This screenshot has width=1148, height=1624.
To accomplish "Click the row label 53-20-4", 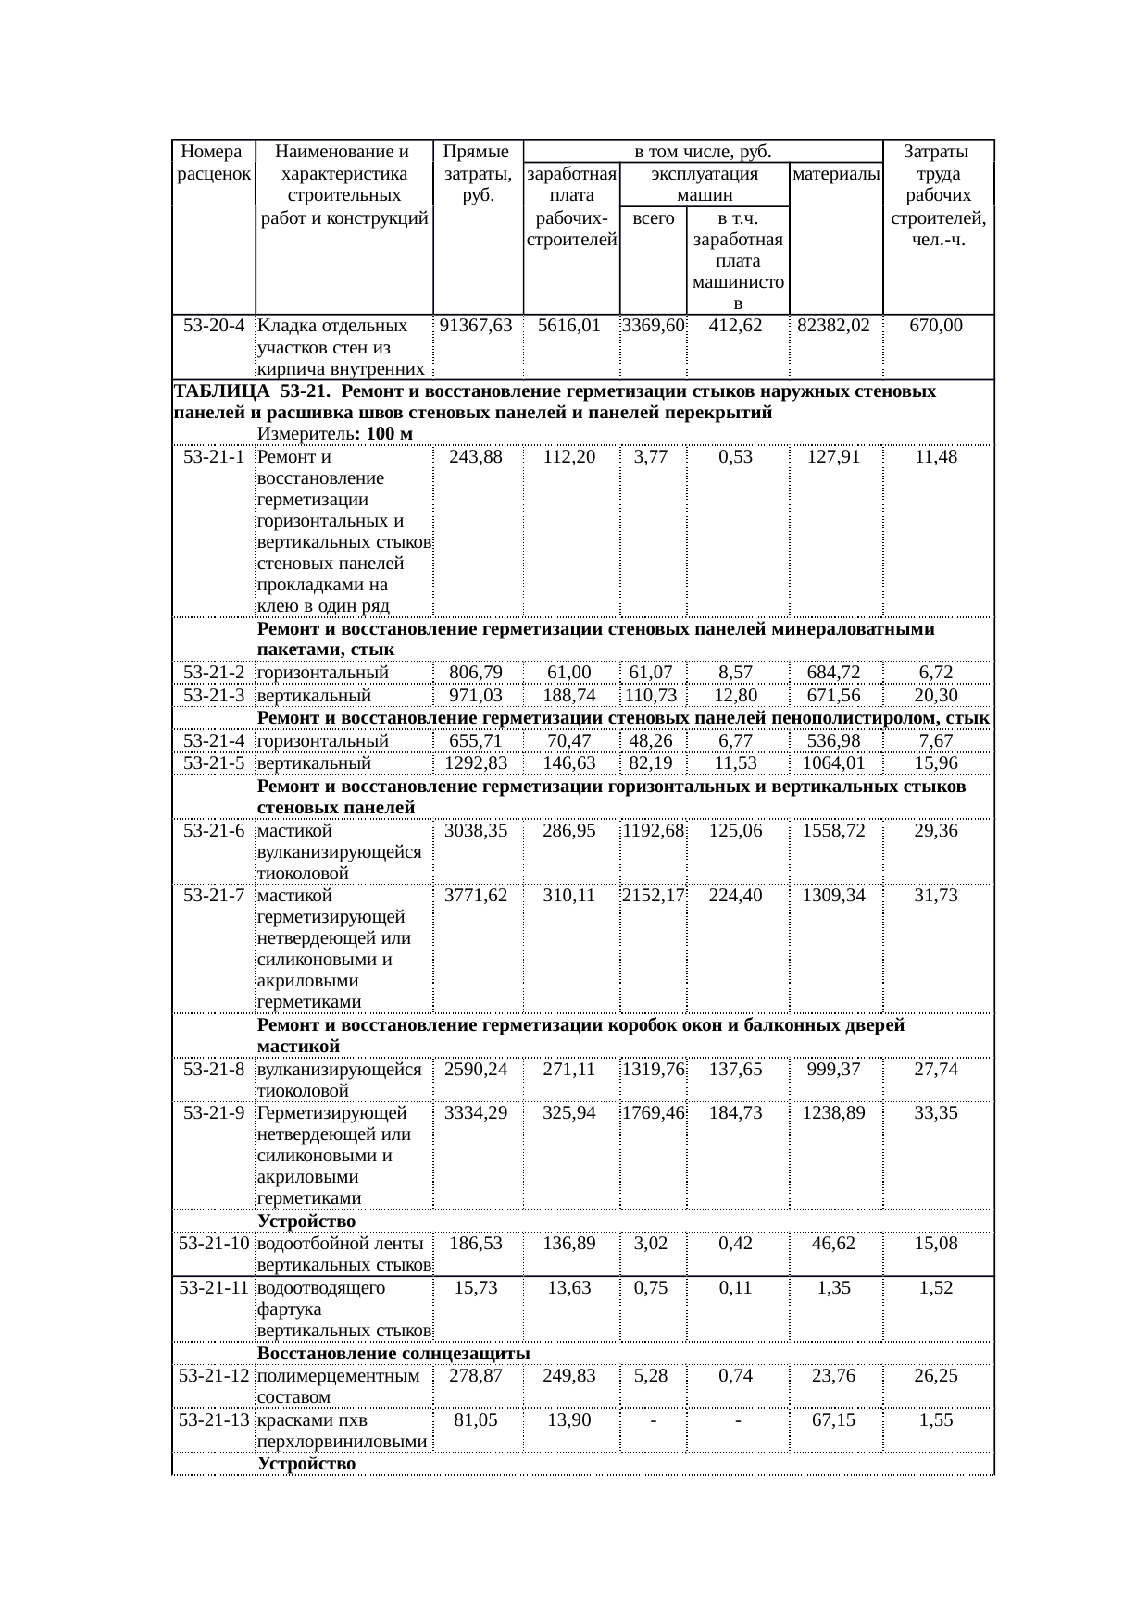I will point(214,326).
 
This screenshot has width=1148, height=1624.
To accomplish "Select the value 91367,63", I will point(476,326).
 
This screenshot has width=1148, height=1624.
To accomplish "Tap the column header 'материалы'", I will point(836,174).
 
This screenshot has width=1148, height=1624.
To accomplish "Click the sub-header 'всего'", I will point(653,219).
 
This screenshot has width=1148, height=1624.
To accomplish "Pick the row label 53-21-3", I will point(214,695).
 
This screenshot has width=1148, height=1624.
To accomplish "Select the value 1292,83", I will point(476,763).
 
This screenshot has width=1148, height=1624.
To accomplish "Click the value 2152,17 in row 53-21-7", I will point(653,896).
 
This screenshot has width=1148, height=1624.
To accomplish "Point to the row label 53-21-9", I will point(214,1113).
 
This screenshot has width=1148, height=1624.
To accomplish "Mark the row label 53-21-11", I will point(214,1287).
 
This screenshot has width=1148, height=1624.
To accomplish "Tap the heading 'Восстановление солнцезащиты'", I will point(393,1355).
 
